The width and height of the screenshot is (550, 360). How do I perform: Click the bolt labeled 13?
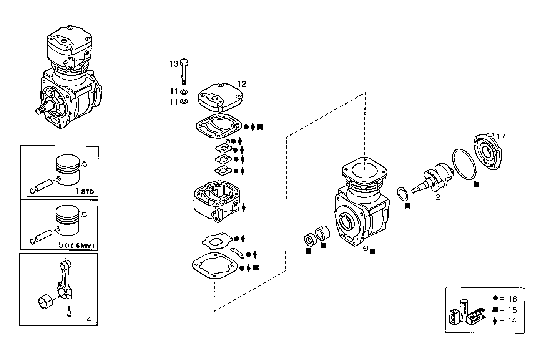[x=184, y=71]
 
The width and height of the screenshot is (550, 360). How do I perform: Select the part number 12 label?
[x=241, y=84]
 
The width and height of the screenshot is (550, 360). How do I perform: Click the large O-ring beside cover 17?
[x=464, y=164]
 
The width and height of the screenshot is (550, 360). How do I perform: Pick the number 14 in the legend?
[x=512, y=321]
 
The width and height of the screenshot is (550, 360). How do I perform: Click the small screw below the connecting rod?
[x=69, y=311]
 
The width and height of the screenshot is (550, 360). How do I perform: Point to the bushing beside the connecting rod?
[x=45, y=301]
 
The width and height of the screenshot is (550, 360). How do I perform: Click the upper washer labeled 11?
[x=184, y=92]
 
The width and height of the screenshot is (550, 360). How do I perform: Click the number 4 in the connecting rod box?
[x=89, y=319]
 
